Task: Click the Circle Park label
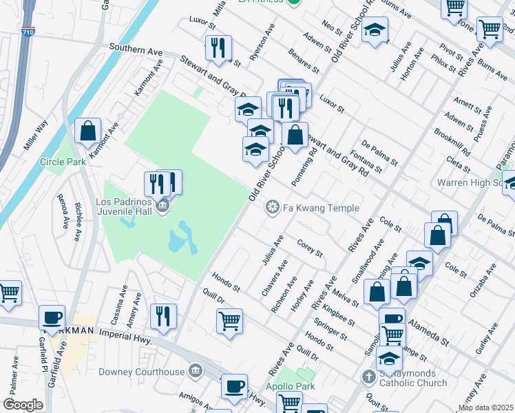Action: click(x=63, y=162)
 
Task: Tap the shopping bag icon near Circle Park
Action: click(x=88, y=131)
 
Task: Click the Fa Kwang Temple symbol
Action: click(x=273, y=207)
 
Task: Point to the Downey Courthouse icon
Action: click(x=196, y=372)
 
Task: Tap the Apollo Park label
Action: click(x=291, y=387)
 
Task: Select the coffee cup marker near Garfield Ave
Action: click(x=52, y=317)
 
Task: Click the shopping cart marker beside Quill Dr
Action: click(x=229, y=320)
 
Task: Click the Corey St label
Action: click(x=310, y=248)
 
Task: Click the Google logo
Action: click(x=23, y=405)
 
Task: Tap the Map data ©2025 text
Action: click(x=485, y=407)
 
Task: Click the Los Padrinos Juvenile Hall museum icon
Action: click(x=162, y=206)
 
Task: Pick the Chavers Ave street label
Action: click(x=274, y=278)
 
